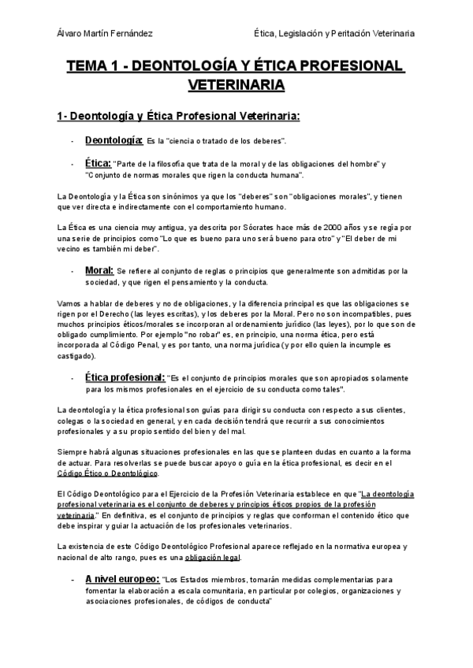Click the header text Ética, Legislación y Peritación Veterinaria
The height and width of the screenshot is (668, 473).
coord(330,33)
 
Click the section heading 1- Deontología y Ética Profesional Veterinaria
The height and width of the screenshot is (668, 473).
coord(178,117)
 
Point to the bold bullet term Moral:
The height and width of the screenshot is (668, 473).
coord(99,270)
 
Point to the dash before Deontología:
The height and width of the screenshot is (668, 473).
coord(72,142)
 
